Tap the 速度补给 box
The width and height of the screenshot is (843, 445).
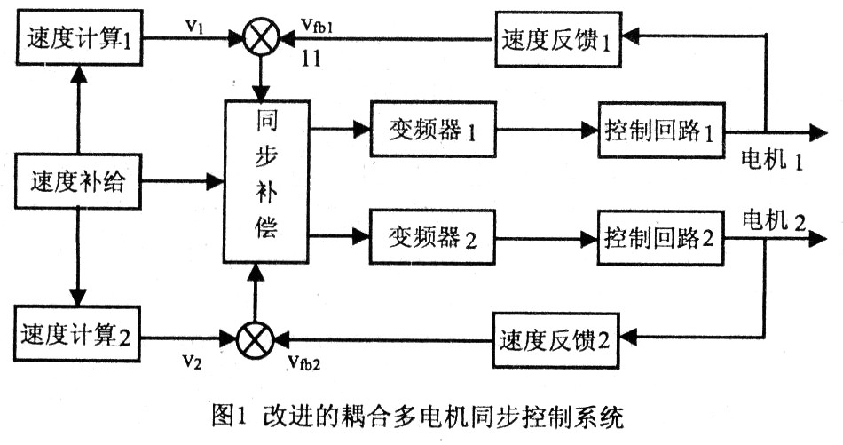point(78,185)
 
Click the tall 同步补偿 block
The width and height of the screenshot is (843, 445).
point(264,183)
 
